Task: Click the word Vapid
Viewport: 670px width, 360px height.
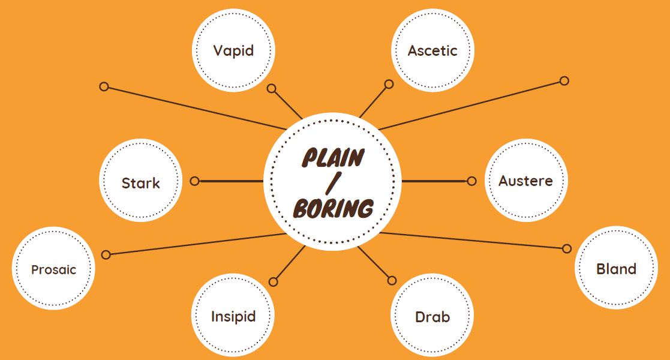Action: point(233,50)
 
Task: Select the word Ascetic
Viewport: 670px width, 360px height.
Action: point(432,51)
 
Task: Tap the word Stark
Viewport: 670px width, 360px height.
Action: point(141,183)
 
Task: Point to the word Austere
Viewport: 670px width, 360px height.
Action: point(525,181)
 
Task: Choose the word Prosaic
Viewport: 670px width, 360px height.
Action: point(54,269)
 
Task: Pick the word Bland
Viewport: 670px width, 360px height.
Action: point(616,269)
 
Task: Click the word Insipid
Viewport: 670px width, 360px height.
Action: point(233,316)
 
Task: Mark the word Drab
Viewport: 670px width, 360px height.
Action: point(432,317)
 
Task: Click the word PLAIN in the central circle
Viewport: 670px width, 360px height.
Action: point(333,158)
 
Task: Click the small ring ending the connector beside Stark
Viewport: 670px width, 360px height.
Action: point(194,181)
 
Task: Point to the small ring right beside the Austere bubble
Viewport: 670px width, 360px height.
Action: point(471,181)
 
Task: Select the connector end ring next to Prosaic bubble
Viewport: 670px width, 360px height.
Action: point(106,254)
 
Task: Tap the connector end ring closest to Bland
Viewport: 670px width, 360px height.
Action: point(567,248)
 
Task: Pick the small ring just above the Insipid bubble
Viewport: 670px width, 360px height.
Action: point(274,281)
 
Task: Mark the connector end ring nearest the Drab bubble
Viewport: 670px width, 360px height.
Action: point(392,280)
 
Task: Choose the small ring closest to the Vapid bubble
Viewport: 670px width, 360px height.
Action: point(271,89)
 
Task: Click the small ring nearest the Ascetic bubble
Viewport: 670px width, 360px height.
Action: point(389,84)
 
